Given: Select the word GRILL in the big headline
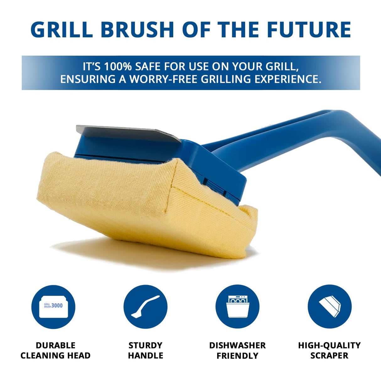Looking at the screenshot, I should [x=62, y=30].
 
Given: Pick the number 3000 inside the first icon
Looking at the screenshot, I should [x=57, y=305].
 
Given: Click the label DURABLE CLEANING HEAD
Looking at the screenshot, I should [x=56, y=350].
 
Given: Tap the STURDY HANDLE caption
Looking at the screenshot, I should [x=145, y=350].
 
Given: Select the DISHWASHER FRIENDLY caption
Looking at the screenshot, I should [x=237, y=350].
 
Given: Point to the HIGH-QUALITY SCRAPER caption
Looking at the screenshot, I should [x=330, y=350].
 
